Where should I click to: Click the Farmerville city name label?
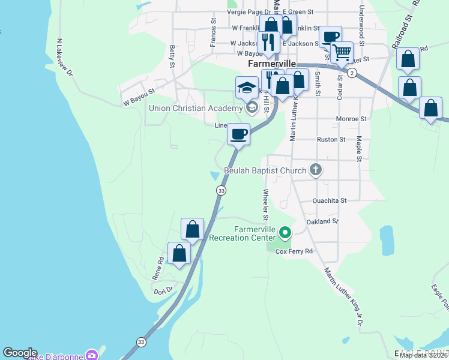(271, 64)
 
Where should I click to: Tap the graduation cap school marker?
(247, 89)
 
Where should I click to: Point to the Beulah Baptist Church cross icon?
(316, 170)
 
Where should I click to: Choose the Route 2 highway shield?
(352, 73)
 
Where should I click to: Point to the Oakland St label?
(322, 221)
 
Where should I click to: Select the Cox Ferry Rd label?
(295, 251)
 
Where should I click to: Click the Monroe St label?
(351, 119)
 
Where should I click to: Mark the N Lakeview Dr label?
(64, 58)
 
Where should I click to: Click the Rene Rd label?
(158, 268)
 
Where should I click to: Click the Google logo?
(20, 353)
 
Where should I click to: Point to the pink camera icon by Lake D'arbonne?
(92, 355)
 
